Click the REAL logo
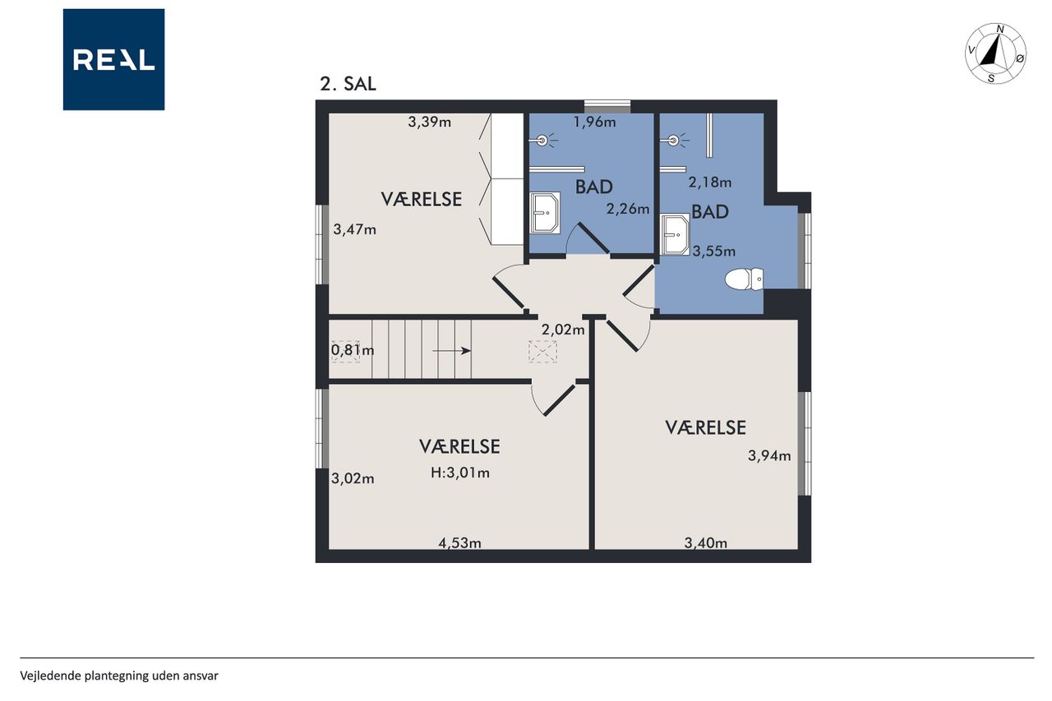pyautogui.click(x=113, y=60)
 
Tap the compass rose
pyautogui.click(x=995, y=53)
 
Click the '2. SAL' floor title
pyautogui.click(x=348, y=84)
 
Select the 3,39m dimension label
pyautogui.click(x=429, y=122)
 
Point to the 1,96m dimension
pyautogui.click(x=594, y=122)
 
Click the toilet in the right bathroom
pyautogui.click(x=744, y=279)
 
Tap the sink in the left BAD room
pyautogui.click(x=545, y=213)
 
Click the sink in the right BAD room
pyautogui.click(x=675, y=234)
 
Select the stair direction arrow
pyautogui.click(x=452, y=351)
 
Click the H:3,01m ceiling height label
pyautogui.click(x=460, y=473)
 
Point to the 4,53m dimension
pyautogui.click(x=459, y=543)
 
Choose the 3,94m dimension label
pyautogui.click(x=769, y=455)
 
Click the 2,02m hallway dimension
pyautogui.click(x=563, y=330)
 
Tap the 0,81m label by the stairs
pyautogui.click(x=353, y=350)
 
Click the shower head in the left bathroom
pyautogui.click(x=542, y=140)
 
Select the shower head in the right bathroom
pyautogui.click(x=673, y=140)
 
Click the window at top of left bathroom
pyautogui.click(x=607, y=107)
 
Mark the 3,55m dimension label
pyautogui.click(x=714, y=251)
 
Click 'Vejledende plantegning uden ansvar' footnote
pyautogui.click(x=119, y=676)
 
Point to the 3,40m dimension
pyautogui.click(x=705, y=543)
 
